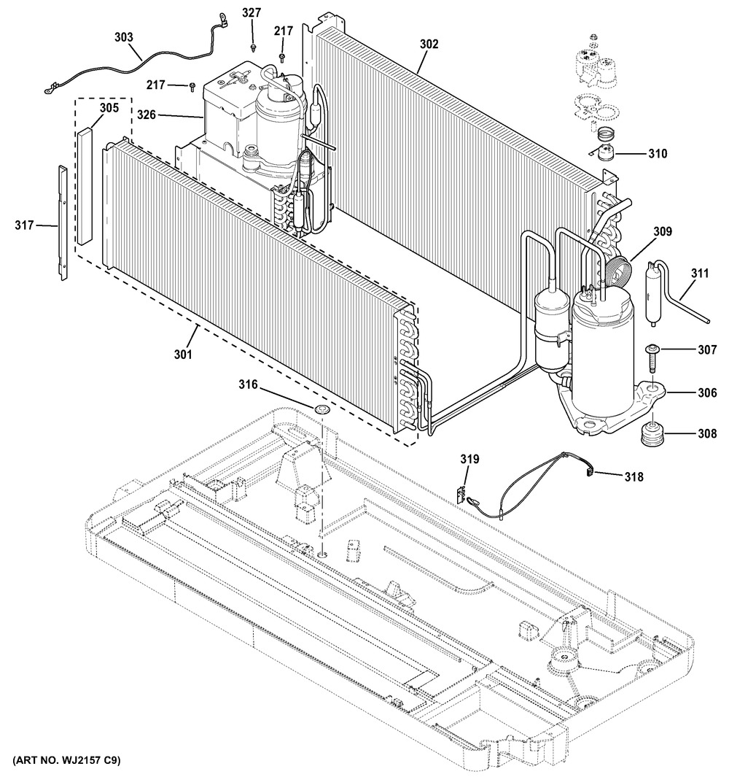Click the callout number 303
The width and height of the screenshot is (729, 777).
[124, 37]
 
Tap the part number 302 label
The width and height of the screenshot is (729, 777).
[429, 44]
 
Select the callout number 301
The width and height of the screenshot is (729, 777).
[183, 355]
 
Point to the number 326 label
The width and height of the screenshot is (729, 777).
[146, 115]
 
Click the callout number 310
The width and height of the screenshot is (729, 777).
[658, 154]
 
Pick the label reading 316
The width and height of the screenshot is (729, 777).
[248, 384]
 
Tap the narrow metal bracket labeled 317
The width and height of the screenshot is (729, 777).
[63, 223]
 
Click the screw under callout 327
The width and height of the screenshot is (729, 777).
[254, 47]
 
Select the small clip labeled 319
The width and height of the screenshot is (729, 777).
[462, 494]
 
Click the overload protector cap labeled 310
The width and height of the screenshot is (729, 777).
[603, 154]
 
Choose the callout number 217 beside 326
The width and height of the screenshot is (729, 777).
[155, 85]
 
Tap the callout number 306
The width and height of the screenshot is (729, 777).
[706, 393]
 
